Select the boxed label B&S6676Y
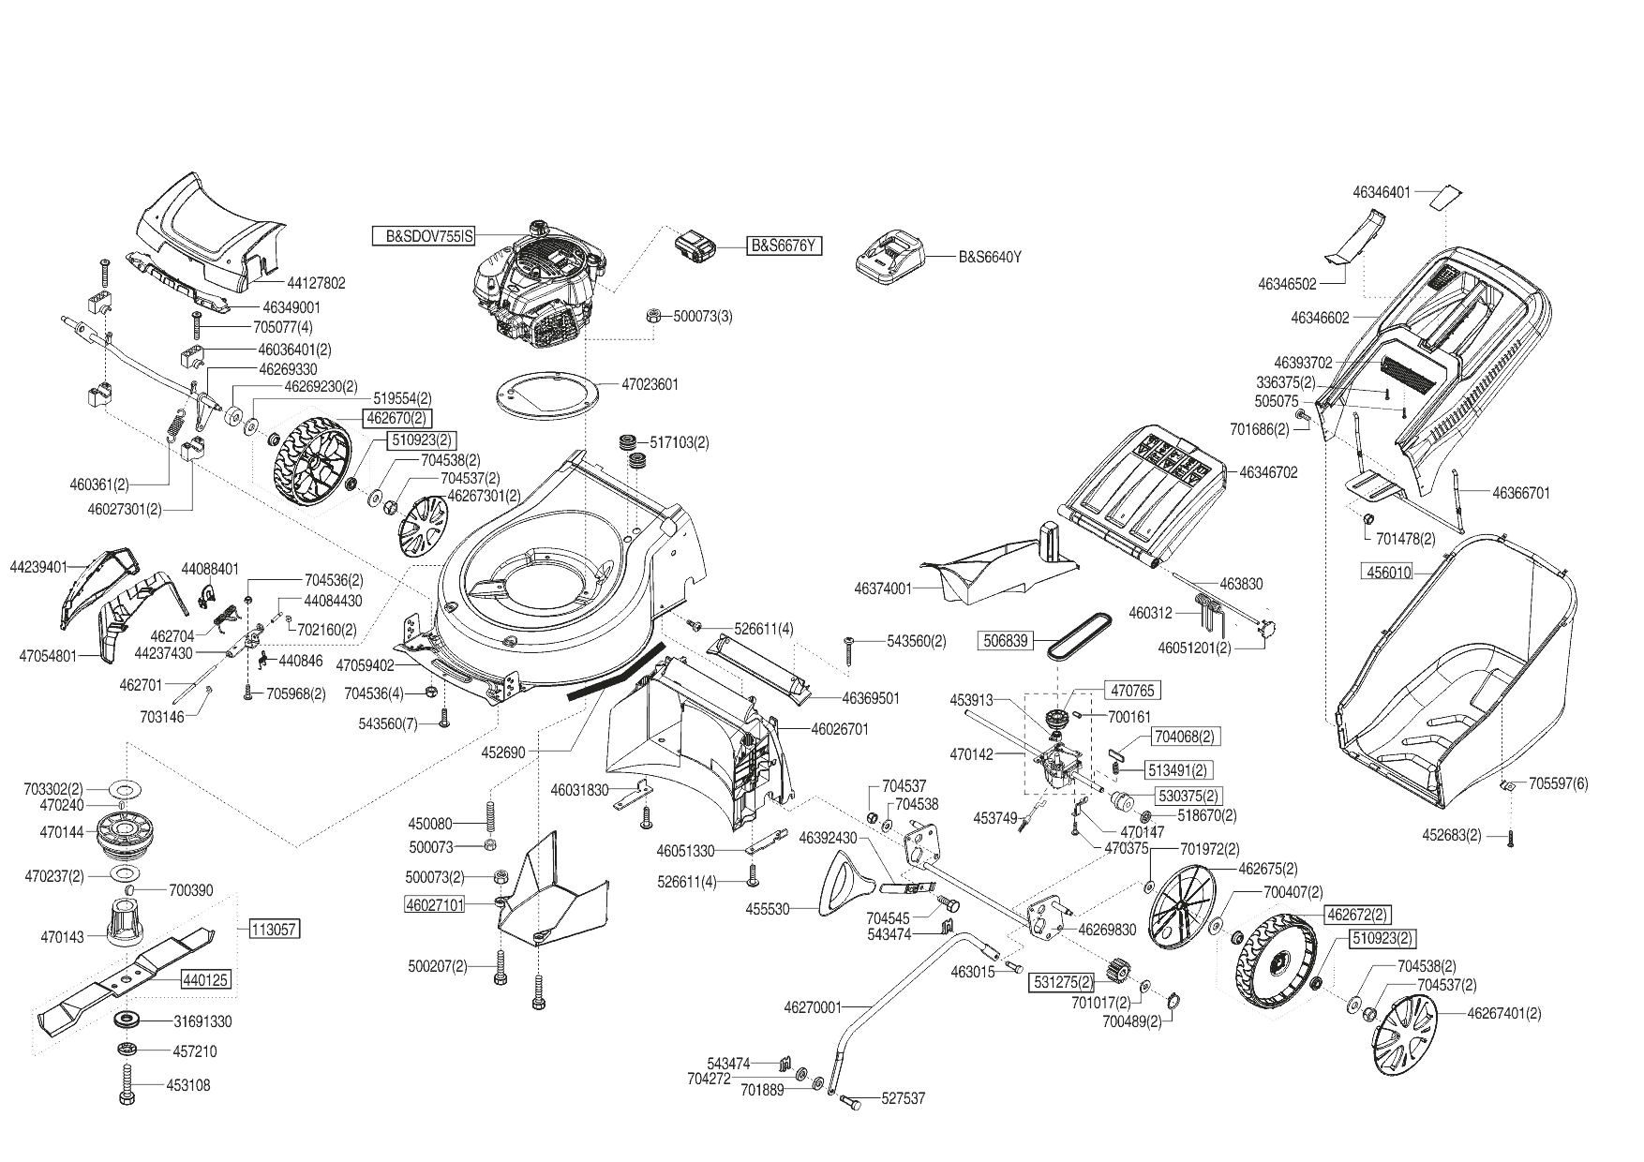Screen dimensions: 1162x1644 785,246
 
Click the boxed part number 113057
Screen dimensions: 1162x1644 275,930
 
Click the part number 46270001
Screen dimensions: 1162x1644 814,1007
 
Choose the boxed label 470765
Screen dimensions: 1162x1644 1133,691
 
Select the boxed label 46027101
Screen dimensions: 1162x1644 434,905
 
